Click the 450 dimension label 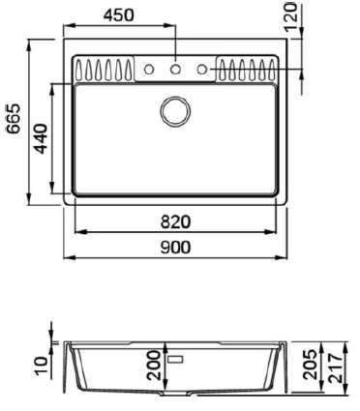(118, 15)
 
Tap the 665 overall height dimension (14, 119)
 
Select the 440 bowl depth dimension (41, 138)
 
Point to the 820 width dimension (176, 222)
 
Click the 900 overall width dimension (176, 248)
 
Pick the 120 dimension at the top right (291, 16)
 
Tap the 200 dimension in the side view (154, 365)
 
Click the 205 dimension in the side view (310, 365)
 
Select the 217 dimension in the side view (336, 368)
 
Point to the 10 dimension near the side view (42, 366)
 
